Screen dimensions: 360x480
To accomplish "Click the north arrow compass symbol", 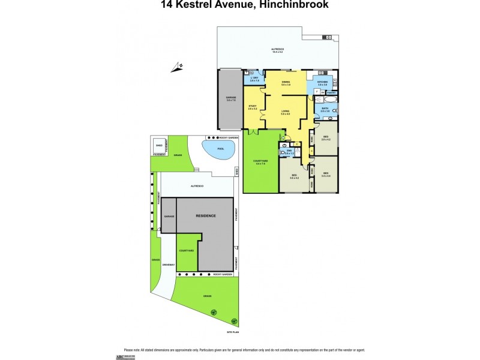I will pos(178,67).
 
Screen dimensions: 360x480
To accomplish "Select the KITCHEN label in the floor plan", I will pos(322,81).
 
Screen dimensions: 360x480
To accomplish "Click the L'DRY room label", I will pos(254,78).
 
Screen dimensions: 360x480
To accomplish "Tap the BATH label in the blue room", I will pos(324,109).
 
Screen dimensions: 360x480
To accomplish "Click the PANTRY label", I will pos(331,92).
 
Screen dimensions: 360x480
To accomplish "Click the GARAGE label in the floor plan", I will pos(231,97).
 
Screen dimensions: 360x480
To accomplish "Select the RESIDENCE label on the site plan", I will pos(205,215).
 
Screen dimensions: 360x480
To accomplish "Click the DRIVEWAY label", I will pos(167,265).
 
